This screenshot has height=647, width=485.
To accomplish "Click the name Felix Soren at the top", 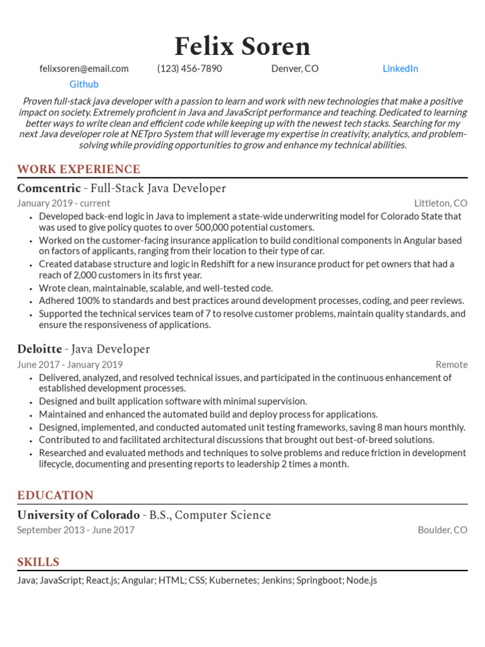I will tap(242, 46).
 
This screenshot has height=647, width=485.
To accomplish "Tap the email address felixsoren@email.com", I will tap(83, 69).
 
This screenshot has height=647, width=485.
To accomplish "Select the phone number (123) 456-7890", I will tap(189, 69).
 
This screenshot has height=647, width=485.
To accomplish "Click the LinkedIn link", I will tap(400, 69).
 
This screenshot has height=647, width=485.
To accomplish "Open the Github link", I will tap(83, 84).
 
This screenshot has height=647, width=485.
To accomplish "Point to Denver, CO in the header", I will tap(295, 69).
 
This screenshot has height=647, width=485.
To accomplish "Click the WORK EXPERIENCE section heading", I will tap(78, 169).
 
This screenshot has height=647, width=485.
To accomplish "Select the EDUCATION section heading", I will tap(56, 495).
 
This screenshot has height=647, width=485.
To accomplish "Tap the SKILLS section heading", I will tap(38, 562).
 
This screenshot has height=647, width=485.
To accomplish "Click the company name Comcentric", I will tap(49, 188).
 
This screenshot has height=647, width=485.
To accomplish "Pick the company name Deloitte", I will tap(39, 349).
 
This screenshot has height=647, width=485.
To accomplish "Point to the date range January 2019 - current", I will tap(63, 203).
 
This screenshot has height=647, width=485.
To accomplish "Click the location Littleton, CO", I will tap(441, 203).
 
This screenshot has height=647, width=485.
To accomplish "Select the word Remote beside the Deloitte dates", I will tap(452, 365).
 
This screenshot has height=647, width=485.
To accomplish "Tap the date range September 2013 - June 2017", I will tap(76, 530).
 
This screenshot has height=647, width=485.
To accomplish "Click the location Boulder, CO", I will tap(443, 530).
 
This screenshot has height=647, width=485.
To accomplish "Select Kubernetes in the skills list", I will tap(233, 580).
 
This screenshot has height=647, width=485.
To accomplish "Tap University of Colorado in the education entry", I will tap(78, 515).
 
